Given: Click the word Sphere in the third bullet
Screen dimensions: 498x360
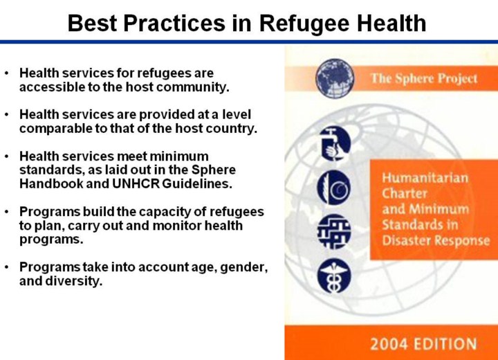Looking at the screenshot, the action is pyautogui.click(x=214, y=170).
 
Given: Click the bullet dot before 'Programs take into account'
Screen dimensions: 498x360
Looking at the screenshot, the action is pyautogui.click(x=7, y=267).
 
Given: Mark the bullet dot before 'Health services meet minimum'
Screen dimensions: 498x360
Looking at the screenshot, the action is pyautogui.click(x=7, y=156).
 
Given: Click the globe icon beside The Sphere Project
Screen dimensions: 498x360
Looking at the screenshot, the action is pyautogui.click(x=335, y=78).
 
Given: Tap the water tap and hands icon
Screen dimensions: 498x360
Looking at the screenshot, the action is pyautogui.click(x=334, y=143).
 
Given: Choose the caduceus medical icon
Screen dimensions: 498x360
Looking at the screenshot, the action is pyautogui.click(x=334, y=276).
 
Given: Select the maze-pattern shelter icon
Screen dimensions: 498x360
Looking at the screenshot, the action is pyautogui.click(x=334, y=231).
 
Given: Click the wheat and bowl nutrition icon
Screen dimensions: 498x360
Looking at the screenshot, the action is pyautogui.click(x=334, y=188).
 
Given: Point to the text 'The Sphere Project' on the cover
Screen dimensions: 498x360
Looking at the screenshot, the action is pyautogui.click(x=424, y=78).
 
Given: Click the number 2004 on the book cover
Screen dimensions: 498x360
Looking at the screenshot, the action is pyautogui.click(x=389, y=344).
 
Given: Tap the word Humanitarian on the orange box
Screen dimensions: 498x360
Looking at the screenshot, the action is pyautogui.click(x=425, y=178).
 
